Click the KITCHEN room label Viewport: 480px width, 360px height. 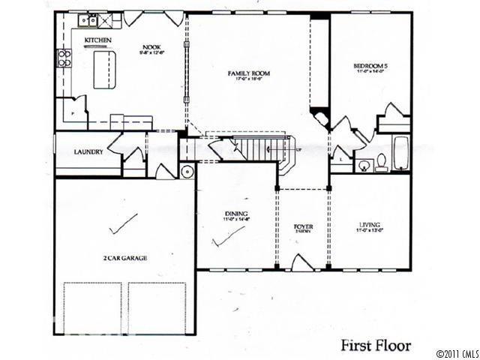(x=98, y=39)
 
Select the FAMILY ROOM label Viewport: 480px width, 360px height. (x=249, y=73)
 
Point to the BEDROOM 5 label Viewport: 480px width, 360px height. (x=370, y=67)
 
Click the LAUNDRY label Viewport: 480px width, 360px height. (x=88, y=152)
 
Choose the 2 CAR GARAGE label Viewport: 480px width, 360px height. (x=124, y=258)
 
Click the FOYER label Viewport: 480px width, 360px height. (x=303, y=226)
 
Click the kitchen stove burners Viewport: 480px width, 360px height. (x=65, y=58)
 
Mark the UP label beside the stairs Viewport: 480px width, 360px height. (x=298, y=148)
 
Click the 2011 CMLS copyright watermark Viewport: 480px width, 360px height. (x=455, y=352)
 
